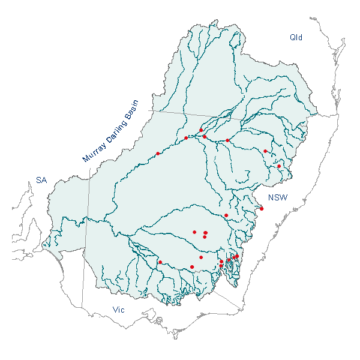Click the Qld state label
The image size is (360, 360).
click(x=296, y=37)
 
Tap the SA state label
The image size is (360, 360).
click(x=41, y=179)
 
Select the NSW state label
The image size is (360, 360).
click(x=278, y=198)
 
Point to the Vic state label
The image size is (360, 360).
click(x=119, y=310)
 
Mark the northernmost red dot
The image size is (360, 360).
click(x=201, y=130)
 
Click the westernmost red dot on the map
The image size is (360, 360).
click(x=158, y=154)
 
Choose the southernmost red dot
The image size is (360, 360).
click(x=192, y=267)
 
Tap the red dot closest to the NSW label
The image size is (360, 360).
click(x=262, y=209)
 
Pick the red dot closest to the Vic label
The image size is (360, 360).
click(x=160, y=262)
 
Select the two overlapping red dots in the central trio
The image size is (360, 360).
click(x=206, y=233)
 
